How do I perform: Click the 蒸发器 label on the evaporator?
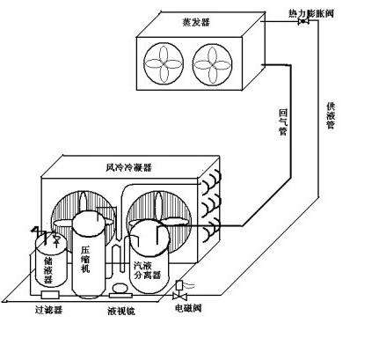pos(196,22)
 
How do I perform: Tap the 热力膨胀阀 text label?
pos(311,13)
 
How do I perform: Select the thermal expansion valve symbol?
pos(302,22)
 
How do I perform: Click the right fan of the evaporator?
pos(213,65)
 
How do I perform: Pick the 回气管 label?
pos(283,122)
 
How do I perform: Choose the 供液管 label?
pos(331,115)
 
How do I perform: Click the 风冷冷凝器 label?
pos(128,167)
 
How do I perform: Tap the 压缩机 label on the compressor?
pos(85,260)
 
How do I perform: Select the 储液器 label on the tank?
pos(48,270)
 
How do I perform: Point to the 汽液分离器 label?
pos(147,270)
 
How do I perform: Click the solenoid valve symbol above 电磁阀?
pos(179,290)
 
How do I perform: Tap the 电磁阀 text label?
pos(188,308)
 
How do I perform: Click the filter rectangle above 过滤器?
pos(50,295)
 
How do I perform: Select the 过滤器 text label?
pos(48,310)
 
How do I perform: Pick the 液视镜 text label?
pos(121,312)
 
